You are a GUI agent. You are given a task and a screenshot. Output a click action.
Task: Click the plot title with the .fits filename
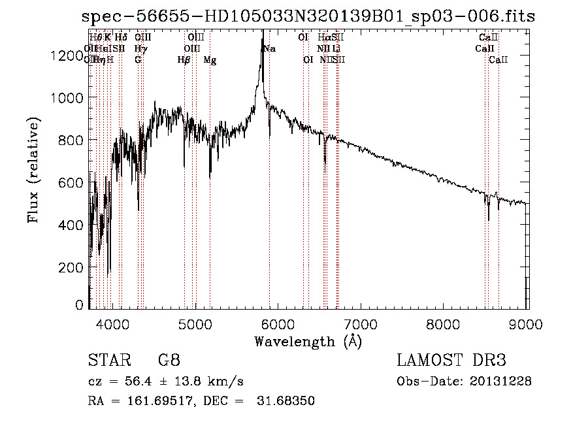coord(308,17)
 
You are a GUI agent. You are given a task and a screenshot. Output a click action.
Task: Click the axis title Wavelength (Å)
coord(308,341)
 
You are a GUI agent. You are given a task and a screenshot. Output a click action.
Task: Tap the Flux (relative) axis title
coord(33,169)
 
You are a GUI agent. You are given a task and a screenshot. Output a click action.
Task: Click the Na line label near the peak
coord(270,48)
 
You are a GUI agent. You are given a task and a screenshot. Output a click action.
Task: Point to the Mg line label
coord(210,60)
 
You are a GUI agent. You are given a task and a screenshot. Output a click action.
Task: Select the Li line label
coord(336,48)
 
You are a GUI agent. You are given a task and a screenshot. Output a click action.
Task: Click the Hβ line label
coord(184,60)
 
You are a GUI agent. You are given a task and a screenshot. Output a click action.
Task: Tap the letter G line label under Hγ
coord(138,60)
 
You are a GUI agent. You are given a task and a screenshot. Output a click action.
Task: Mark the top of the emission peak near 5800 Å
coord(263,31)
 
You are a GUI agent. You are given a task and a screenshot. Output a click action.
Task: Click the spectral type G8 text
coord(169,361)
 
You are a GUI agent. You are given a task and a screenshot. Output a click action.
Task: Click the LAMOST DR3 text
coord(451,361)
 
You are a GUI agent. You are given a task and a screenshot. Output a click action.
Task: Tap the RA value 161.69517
coord(163,400)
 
